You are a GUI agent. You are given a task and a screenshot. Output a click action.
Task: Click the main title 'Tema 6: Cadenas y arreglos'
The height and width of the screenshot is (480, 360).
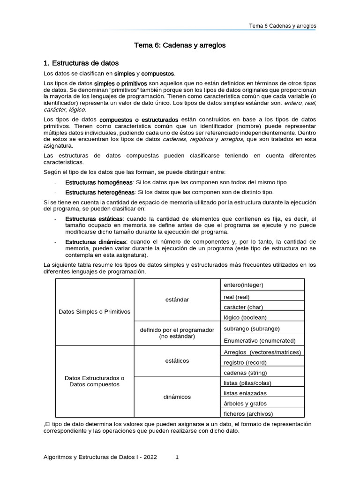point(180,45)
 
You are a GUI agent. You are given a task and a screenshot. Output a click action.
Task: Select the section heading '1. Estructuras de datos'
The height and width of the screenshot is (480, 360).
point(81,63)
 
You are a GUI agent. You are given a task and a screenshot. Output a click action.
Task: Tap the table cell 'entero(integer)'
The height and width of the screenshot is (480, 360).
point(243,285)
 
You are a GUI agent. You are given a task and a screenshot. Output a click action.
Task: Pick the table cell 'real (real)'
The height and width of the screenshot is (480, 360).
point(237,297)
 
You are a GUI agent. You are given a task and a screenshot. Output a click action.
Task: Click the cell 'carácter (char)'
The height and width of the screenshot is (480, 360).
point(243,307)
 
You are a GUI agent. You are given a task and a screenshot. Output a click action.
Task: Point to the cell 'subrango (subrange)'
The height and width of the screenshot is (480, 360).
point(252,329)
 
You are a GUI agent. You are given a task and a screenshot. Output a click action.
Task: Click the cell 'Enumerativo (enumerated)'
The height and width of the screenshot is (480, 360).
point(259,340)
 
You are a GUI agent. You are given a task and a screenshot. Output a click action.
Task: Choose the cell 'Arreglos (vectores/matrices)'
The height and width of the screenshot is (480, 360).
point(262,352)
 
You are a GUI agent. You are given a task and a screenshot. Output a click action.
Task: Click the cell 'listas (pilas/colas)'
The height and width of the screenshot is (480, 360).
point(247,383)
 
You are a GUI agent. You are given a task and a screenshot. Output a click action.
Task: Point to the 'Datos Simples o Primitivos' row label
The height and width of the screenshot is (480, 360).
point(95,312)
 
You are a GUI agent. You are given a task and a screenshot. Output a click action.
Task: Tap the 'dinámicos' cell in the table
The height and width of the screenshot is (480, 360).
point(177,397)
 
